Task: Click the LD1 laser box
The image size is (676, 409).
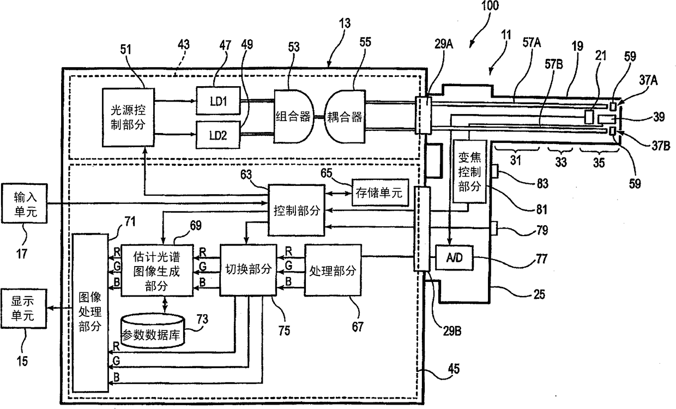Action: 218,101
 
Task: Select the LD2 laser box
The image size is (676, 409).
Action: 218,135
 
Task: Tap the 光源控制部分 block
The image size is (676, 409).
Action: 128,117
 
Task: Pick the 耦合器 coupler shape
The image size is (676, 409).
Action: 345,116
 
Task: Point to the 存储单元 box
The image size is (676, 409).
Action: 380,193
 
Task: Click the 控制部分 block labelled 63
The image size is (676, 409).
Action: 297,210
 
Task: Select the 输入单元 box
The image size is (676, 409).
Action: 25,203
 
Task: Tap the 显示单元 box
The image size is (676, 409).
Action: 23,309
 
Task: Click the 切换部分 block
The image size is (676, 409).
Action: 248,269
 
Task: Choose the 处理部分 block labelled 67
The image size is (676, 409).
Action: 333,270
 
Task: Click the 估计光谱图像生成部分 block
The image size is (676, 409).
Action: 157,270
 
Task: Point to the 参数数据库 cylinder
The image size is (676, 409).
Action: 153,331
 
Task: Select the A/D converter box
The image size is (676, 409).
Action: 454,258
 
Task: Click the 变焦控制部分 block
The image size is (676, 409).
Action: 470,171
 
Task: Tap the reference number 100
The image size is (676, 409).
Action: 490,6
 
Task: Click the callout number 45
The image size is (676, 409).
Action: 454,369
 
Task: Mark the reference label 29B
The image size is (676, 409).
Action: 452,332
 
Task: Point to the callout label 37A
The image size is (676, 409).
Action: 648,80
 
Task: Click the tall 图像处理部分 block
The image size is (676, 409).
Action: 90,312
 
